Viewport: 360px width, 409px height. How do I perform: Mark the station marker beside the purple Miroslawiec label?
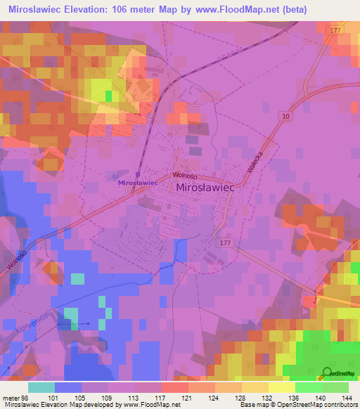(x=138, y=174)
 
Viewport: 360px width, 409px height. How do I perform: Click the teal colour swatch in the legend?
(x=41, y=387)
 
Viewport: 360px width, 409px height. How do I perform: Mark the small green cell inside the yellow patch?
(x=108, y=95)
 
